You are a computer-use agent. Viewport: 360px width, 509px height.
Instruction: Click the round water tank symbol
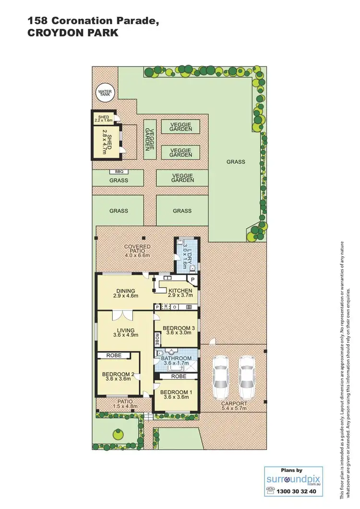click(x=104, y=93)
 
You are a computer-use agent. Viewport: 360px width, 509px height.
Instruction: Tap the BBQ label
click(x=119, y=171)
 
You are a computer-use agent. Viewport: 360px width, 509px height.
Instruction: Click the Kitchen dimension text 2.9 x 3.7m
click(x=180, y=296)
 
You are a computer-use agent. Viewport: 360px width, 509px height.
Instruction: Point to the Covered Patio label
click(x=137, y=247)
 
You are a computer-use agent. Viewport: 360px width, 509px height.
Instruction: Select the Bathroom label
click(x=176, y=358)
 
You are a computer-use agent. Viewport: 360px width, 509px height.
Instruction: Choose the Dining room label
click(x=125, y=291)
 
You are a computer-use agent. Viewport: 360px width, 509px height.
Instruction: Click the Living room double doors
click(x=120, y=315)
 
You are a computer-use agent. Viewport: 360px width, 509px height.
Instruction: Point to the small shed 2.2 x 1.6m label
click(x=104, y=119)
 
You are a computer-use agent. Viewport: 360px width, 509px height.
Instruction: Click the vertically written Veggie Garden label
click(x=150, y=139)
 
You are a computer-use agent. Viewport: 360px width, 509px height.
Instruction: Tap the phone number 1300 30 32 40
click(x=295, y=491)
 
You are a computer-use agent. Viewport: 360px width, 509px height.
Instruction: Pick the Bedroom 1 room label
click(x=176, y=395)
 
